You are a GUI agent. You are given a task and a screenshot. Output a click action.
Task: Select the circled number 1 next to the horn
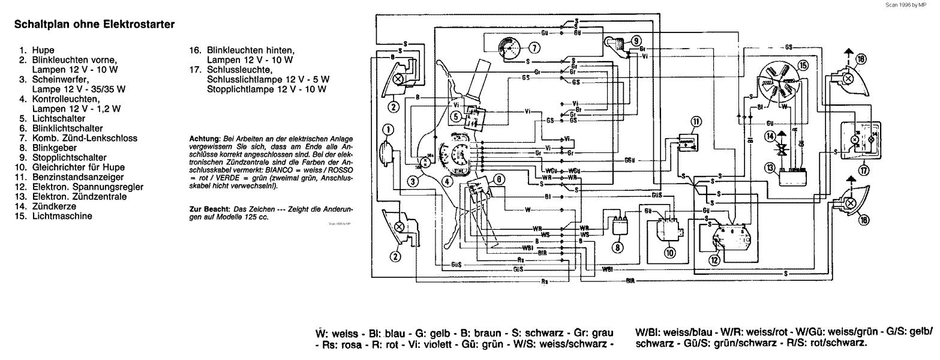(x=388, y=129)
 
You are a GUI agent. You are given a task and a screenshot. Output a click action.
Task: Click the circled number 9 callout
(x=635, y=40)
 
